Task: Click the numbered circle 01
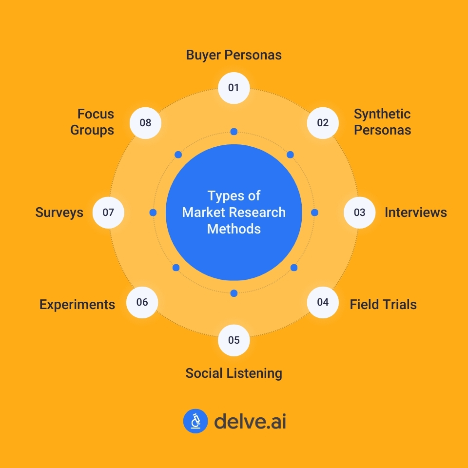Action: [234, 88]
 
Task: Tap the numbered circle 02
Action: [323, 123]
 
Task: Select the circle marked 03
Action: [359, 213]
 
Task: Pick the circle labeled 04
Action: [323, 302]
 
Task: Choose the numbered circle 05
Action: [234, 340]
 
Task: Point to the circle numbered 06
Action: [142, 302]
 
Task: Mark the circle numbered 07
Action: [108, 213]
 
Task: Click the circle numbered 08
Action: [145, 123]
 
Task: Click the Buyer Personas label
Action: [234, 55]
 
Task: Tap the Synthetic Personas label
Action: [382, 122]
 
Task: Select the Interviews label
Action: [415, 213]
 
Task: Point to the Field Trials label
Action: [383, 305]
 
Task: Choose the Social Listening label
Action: [234, 373]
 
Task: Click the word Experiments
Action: [77, 305]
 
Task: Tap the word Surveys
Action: [59, 213]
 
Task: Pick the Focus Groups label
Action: [92, 122]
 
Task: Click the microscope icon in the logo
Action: [195, 421]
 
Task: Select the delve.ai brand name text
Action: [250, 421]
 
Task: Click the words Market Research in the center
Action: [234, 213]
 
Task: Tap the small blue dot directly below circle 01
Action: [234, 132]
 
